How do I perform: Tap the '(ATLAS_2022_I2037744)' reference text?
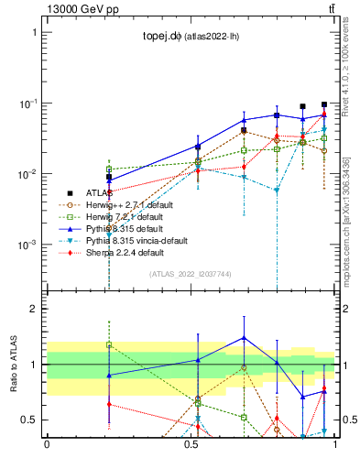(x=190, y=274)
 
